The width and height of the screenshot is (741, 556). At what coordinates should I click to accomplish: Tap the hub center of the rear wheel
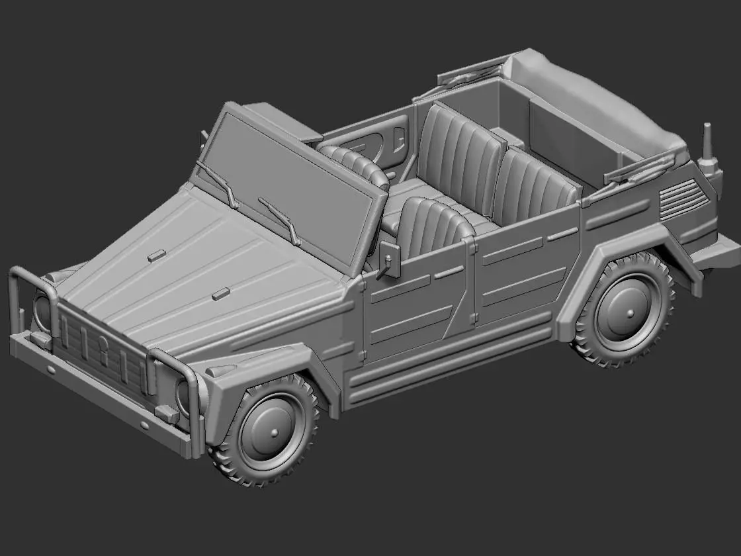point(627,312)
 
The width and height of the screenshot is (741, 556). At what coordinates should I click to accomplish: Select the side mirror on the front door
point(389,258)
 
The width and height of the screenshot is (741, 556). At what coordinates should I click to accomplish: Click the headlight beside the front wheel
point(183,394)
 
